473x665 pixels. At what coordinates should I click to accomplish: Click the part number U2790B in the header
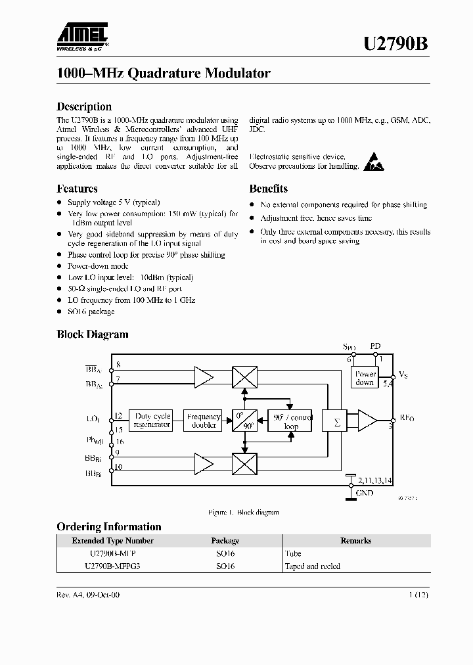[x=396, y=45]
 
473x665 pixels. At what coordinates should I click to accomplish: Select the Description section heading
[x=84, y=106]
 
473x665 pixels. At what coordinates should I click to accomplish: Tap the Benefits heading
[x=268, y=189]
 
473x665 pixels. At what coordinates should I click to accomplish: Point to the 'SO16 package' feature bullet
[x=91, y=311]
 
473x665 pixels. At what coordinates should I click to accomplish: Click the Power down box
[x=365, y=378]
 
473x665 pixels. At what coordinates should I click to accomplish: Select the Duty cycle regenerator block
[x=152, y=420]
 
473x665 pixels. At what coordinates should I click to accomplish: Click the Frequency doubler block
[x=204, y=420]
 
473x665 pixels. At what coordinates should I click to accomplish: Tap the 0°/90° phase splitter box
[x=244, y=421]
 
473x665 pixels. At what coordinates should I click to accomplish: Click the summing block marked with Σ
[x=338, y=422]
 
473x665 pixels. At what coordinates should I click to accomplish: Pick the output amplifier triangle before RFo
[x=367, y=421]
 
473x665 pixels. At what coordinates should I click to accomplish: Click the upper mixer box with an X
[x=244, y=377]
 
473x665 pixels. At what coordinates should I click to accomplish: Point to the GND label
[x=365, y=493]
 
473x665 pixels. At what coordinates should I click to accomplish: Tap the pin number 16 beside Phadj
[x=119, y=442]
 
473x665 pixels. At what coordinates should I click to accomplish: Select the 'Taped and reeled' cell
[x=313, y=566]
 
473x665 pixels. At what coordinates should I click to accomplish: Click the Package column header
[x=225, y=541]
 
